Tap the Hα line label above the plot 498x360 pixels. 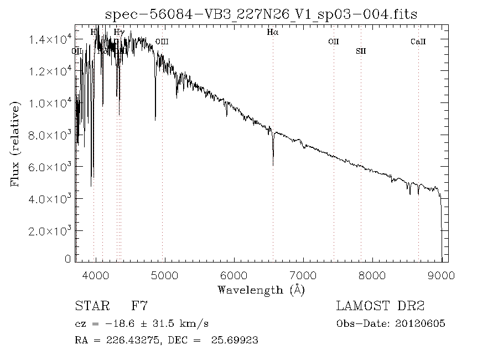(272, 33)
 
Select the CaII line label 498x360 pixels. (418, 42)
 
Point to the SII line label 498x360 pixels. (361, 51)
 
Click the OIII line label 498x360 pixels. (162, 42)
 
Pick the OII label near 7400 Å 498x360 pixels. (333, 42)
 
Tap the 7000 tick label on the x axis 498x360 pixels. (303, 274)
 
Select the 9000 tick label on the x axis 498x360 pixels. (441, 274)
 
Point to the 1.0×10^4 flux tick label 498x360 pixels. (51, 103)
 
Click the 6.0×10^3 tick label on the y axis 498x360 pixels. (51, 167)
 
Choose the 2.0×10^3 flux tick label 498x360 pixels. (51, 230)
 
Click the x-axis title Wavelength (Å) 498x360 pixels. (261, 289)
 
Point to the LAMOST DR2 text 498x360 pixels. (380, 306)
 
